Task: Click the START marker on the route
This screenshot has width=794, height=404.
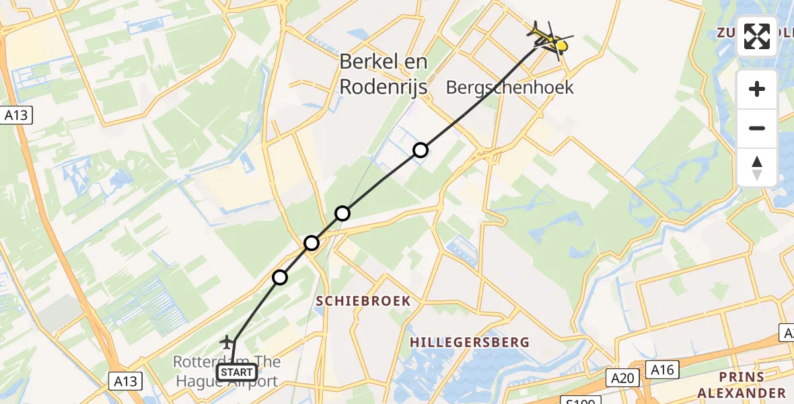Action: (x=236, y=372)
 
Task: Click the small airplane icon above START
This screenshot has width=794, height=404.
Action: (x=229, y=342)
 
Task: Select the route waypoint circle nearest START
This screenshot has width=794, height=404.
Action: (x=280, y=277)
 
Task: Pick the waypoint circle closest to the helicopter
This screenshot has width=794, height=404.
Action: (x=421, y=150)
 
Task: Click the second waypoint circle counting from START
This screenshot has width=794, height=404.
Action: (x=312, y=242)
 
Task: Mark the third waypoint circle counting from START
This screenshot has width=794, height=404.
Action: (x=342, y=213)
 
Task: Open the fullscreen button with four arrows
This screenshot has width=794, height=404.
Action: (x=757, y=36)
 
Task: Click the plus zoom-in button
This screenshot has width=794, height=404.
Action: (x=757, y=89)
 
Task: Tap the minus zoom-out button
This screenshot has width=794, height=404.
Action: (x=757, y=128)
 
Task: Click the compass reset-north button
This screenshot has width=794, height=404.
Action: (x=757, y=167)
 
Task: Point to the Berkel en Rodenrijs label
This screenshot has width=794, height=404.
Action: (x=384, y=73)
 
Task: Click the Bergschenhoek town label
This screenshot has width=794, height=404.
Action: (x=510, y=87)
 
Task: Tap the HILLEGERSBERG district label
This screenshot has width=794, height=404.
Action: (x=470, y=343)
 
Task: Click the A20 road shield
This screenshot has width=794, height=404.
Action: (x=623, y=378)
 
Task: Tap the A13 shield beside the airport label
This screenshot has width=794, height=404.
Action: (x=125, y=381)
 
